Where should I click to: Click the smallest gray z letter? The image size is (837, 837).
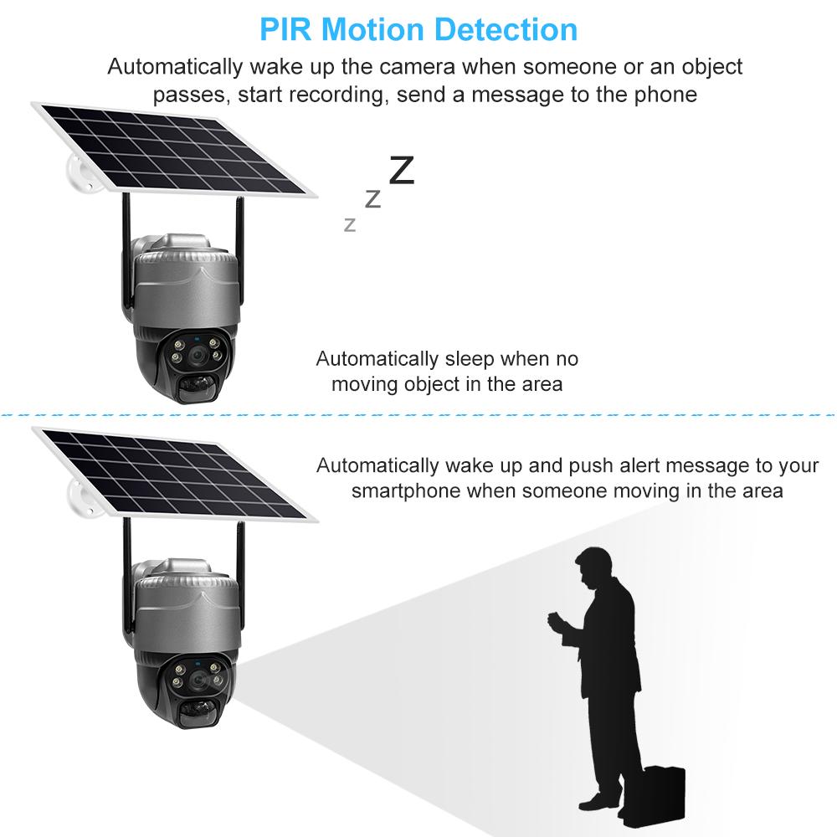(x=350, y=223)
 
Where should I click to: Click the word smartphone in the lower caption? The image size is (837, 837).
(x=406, y=490)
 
